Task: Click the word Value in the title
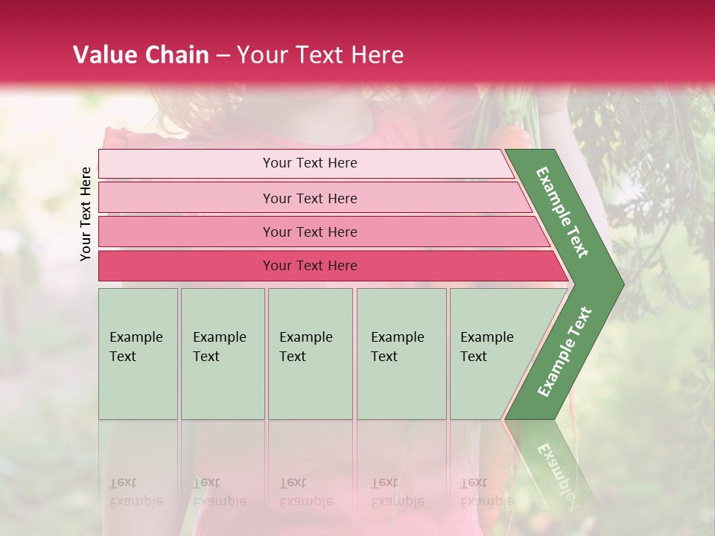pos(102,55)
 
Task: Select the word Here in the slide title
pos(377,55)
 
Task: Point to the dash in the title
pos(223,56)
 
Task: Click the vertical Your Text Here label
pos(86,214)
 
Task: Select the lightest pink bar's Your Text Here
pos(310,163)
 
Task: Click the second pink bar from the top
pos(310,198)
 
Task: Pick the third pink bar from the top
pos(310,232)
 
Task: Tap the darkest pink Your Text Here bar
pos(310,266)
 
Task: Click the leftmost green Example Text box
pos(138,354)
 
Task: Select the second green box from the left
pos(223,354)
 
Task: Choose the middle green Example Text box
pos(310,354)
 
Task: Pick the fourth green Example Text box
pos(401,354)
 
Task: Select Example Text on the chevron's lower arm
pos(565,351)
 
